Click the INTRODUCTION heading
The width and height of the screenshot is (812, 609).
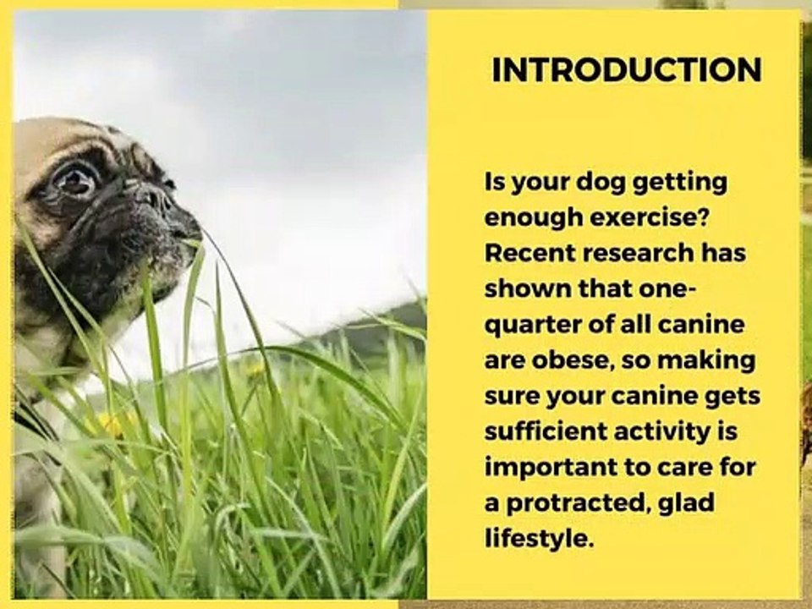click(627, 70)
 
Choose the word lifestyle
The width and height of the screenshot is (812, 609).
click(539, 539)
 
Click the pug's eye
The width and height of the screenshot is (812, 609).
click(76, 179)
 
